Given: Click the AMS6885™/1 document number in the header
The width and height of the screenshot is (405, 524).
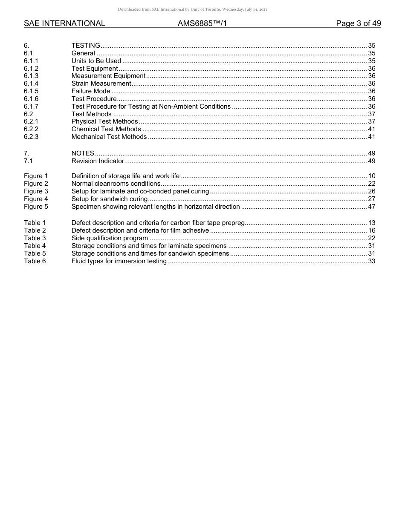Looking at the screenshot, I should coord(202,23).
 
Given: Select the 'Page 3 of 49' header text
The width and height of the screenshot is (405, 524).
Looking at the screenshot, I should coord(358,23).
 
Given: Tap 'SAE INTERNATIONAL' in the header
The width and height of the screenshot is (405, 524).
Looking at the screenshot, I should coord(64,23).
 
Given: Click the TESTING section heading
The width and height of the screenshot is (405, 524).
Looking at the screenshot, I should coord(86,46).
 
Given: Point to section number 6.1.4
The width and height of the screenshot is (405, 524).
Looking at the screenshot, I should coord(31,83).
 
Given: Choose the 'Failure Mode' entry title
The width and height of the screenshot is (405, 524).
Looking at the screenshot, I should coord(91,91).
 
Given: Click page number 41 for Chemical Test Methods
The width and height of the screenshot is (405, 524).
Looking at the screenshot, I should coord(371,129).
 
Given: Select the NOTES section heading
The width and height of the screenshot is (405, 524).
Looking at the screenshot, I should coord(83,153).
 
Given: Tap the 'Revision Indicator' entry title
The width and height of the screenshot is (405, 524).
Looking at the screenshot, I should coord(98,161).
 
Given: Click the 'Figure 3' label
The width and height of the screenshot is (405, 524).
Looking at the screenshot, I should coord(36,191).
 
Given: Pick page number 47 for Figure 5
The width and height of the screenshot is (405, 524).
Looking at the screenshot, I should coord(371,207).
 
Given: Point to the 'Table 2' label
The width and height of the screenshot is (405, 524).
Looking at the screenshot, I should coord(35,230).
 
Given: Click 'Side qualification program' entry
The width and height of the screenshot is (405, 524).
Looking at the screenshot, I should coord(110,238).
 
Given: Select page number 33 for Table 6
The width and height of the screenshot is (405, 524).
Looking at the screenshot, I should coord(371,261).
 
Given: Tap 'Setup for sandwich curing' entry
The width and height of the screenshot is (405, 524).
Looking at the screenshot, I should coord(109,199).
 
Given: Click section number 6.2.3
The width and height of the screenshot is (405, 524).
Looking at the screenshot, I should coord(31,137).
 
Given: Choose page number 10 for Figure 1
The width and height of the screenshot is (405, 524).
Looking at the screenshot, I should coord(371,176).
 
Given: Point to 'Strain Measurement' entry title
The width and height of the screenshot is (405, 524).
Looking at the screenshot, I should coord(101,83).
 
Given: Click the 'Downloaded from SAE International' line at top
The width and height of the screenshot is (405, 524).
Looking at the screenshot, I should coord(193,9).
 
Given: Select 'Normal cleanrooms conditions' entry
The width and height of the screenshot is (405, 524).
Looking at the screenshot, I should coord(116,184).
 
